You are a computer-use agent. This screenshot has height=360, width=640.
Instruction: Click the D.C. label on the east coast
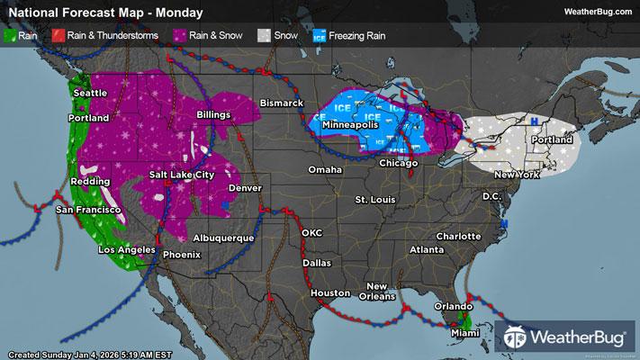tap(491, 195)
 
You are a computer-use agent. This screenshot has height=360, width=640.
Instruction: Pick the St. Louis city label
tap(374, 198)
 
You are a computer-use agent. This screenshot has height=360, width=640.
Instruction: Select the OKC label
tap(311, 232)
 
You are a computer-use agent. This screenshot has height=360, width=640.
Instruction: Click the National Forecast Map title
tap(105, 13)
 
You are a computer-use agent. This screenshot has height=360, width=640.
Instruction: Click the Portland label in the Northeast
tap(552, 140)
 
